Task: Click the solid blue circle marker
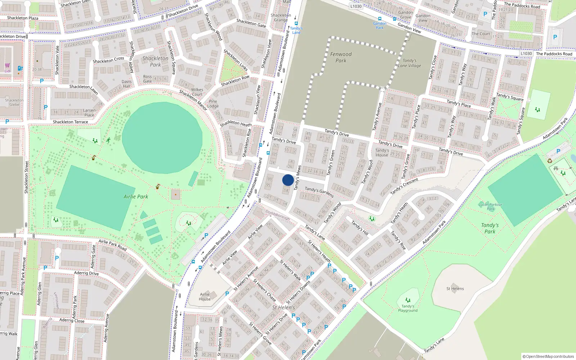[288, 180]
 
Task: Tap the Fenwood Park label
[341, 57]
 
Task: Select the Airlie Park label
[136, 197]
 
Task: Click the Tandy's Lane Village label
[409, 63]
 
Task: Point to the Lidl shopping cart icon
[7, 66]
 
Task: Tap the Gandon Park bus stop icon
[379, 19]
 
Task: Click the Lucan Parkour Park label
[490, 207]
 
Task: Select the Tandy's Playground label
[408, 308]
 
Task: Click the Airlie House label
[204, 297]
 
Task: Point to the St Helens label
[455, 289]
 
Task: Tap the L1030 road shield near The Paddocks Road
[526, 54]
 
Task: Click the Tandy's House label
[382, 153]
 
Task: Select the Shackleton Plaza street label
[22, 18]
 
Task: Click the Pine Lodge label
[213, 104]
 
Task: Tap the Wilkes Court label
[197, 92]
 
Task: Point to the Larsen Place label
[89, 113]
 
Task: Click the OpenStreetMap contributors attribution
[548, 356]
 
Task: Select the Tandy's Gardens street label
[319, 192]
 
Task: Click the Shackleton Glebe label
[14, 103]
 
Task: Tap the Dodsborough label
[278, 215]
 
